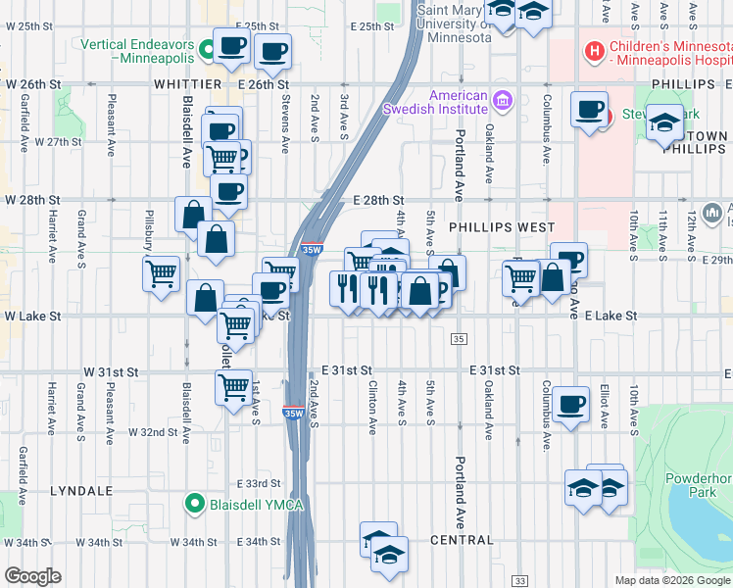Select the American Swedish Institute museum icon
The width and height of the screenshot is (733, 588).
coord(503,100)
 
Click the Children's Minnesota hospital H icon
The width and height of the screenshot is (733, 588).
coord(593,49)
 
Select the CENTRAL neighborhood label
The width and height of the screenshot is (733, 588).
coord(462,540)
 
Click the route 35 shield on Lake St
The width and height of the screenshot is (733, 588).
coord(459,338)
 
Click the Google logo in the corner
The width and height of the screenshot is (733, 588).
coord(32,576)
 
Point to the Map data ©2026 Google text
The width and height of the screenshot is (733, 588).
coord(672,580)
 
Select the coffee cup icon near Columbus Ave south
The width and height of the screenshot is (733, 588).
coord(570,403)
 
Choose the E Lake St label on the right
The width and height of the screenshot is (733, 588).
coord(611,317)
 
